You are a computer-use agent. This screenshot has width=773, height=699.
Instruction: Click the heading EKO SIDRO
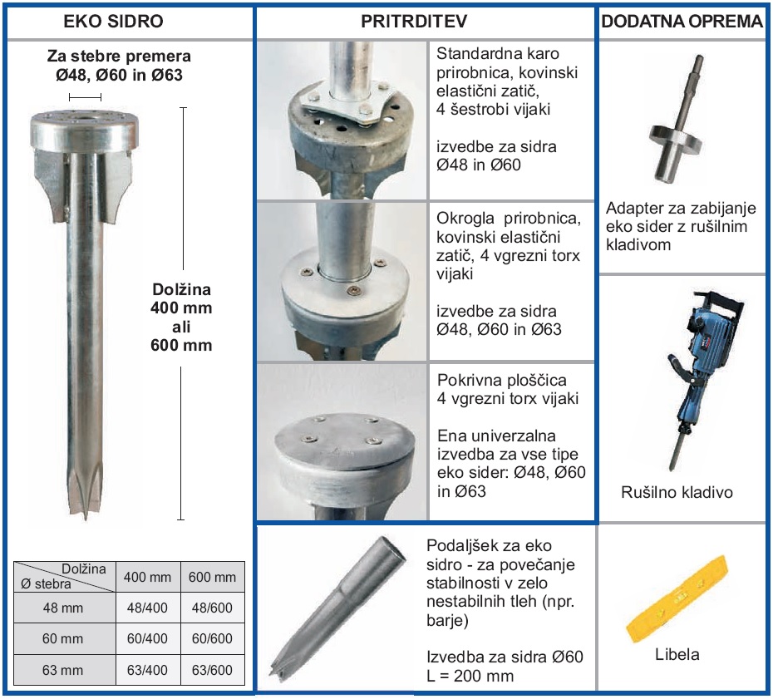(x=113, y=22)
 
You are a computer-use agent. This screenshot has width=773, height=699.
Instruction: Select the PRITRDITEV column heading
(x=414, y=22)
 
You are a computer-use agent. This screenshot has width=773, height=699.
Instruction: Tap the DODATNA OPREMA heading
(x=682, y=22)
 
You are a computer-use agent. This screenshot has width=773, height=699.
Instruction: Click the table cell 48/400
(x=147, y=608)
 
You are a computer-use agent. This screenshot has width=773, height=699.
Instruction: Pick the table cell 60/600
(x=212, y=638)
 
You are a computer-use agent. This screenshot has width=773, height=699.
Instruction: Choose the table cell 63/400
(x=147, y=670)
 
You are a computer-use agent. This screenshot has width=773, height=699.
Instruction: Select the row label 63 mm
(x=62, y=670)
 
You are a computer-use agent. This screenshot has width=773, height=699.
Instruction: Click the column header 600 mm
(x=212, y=578)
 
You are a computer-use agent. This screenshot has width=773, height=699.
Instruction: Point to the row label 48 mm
(x=62, y=608)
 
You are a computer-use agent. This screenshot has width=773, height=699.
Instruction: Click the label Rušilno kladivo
(x=677, y=492)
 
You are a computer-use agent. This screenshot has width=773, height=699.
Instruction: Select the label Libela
(x=677, y=654)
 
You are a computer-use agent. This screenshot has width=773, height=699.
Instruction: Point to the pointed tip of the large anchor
(x=86, y=519)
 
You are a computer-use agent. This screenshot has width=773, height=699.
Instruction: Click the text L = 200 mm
(x=470, y=676)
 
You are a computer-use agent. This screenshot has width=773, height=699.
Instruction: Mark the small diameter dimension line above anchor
(x=86, y=97)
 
